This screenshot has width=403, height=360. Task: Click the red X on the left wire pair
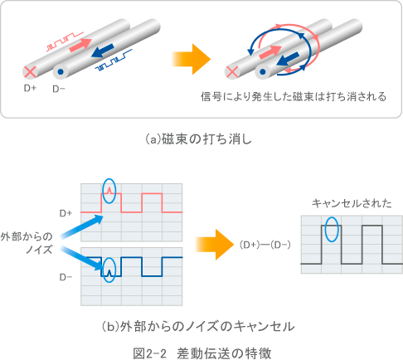tap(32, 72)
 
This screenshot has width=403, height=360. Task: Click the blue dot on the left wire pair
tap(61, 72)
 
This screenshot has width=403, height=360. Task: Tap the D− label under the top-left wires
tap(60, 88)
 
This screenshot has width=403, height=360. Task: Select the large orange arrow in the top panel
tap(184, 60)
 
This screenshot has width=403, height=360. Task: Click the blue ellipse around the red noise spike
tap(107, 192)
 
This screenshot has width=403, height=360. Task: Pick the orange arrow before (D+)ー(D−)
tap(207, 245)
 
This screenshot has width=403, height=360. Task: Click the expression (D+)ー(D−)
tap(264, 246)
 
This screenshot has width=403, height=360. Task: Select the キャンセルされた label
tap(346, 203)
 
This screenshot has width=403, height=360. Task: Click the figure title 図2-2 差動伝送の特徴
tap(201, 352)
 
